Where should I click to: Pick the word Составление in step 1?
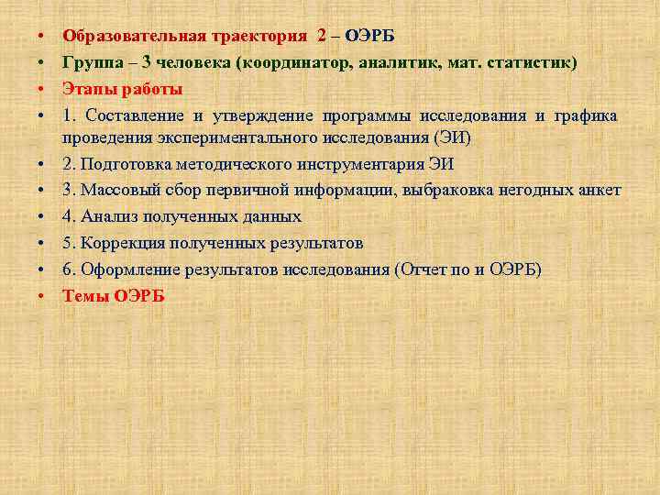135,115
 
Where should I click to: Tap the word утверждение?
262,115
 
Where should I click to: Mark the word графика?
586,115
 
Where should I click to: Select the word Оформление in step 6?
131,269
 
